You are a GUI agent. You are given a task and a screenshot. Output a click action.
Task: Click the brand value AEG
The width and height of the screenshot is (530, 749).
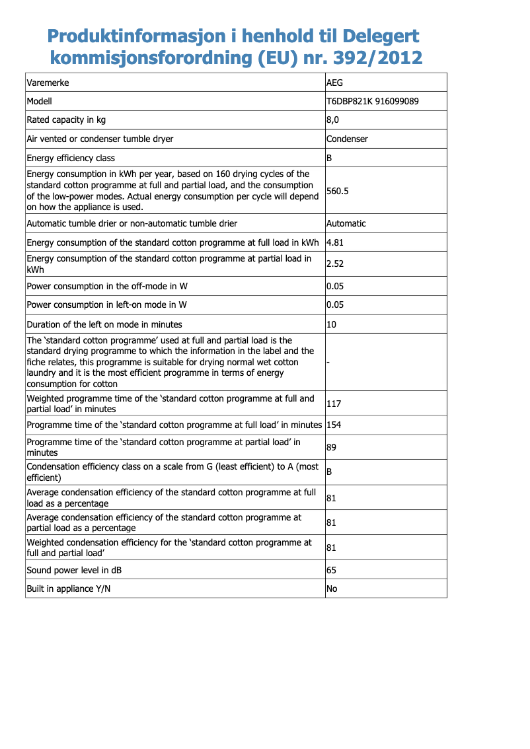click(x=335, y=83)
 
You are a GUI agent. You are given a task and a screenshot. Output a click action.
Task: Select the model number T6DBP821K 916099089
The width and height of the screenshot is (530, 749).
click(x=372, y=102)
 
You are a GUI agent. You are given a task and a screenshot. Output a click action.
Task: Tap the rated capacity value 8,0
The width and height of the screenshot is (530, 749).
click(x=333, y=120)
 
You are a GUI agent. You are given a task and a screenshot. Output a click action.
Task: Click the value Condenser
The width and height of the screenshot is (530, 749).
click(x=347, y=139)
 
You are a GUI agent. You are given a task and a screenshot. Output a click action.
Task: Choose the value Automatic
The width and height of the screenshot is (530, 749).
click(x=346, y=223)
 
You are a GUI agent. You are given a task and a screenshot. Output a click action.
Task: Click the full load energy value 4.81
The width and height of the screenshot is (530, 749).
click(x=335, y=242)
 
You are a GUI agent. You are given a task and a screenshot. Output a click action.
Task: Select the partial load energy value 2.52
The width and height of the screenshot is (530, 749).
click(x=335, y=264)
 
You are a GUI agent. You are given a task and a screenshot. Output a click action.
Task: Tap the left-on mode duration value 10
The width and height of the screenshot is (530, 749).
click(x=332, y=324)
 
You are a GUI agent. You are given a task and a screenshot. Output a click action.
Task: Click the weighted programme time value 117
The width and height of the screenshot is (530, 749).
click(x=334, y=404)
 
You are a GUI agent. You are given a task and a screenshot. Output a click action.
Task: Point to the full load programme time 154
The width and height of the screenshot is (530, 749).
click(x=334, y=424)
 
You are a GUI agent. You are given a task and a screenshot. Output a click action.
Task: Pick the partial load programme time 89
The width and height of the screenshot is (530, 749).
click(x=332, y=447)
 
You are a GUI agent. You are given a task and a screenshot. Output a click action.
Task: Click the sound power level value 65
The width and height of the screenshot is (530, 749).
click(x=332, y=570)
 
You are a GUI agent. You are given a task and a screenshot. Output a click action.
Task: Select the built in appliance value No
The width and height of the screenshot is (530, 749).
click(x=332, y=588)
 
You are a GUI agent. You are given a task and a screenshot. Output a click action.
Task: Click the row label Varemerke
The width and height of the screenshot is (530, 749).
click(x=48, y=83)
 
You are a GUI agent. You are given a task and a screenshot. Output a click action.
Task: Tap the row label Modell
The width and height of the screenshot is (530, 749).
click(x=39, y=102)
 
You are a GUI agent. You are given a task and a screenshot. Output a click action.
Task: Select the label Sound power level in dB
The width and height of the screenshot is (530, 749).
click(x=74, y=570)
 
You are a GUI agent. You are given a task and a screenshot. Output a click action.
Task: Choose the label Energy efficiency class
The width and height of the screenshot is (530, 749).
click(x=71, y=158)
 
